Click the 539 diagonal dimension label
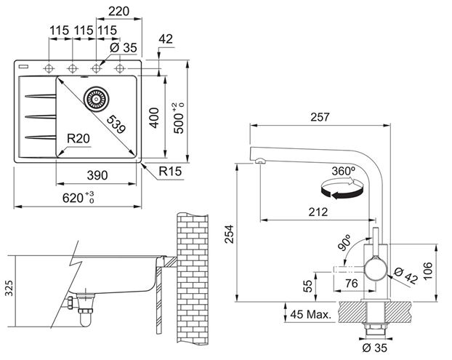click(116, 124)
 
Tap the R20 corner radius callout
click(78, 139)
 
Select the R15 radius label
click(170, 172)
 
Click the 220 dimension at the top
click(118, 11)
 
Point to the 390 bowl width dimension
click(97, 175)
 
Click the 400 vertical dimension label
click(155, 118)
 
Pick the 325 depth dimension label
click(9, 288)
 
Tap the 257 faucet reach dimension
click(320, 117)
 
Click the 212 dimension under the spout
click(318, 212)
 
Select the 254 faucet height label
click(230, 234)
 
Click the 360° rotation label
click(343, 172)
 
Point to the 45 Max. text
click(311, 314)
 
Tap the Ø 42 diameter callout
click(405, 276)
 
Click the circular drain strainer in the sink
click(96, 99)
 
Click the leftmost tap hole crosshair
click(49, 68)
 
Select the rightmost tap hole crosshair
click(119, 68)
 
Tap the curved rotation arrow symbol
click(342, 188)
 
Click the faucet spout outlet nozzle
click(259, 161)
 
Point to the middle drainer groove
click(41, 116)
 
